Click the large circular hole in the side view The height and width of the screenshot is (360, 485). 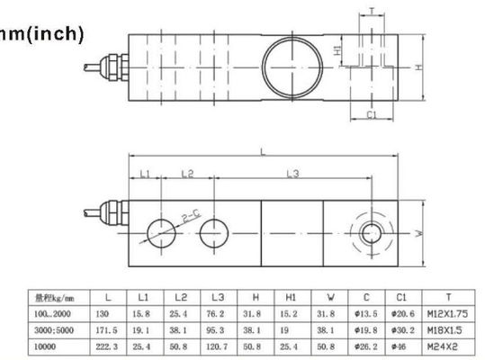point(292,64)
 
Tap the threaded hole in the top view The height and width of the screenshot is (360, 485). point(368,232)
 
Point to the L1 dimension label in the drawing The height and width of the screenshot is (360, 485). point(145,172)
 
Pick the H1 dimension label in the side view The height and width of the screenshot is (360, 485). point(337,51)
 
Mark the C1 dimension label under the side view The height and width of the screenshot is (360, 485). point(370,113)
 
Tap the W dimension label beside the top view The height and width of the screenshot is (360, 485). point(419,233)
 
